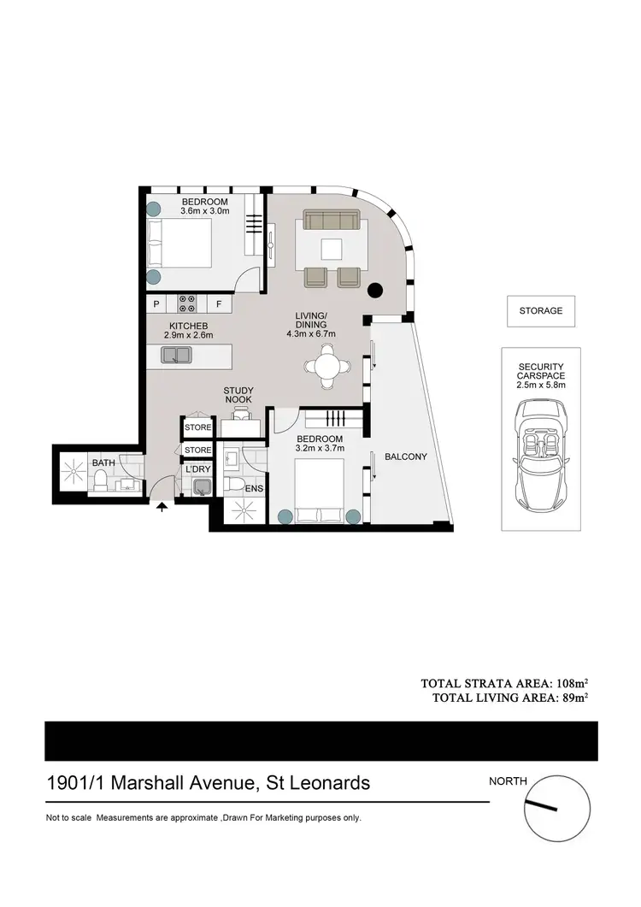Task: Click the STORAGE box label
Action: [x=541, y=311]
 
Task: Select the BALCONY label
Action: [x=405, y=456]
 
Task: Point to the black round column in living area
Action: [x=373, y=291]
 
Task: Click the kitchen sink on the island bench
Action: [x=177, y=355]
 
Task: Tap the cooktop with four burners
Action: [x=187, y=303]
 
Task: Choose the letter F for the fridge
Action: [x=219, y=304]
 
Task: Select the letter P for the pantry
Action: [x=156, y=304]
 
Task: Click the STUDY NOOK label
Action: [x=239, y=396]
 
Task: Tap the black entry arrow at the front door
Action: [x=162, y=508]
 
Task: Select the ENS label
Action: [x=253, y=490]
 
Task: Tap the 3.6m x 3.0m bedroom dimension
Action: [x=205, y=211]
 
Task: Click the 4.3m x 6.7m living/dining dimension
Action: [x=311, y=334]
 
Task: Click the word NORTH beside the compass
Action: [x=509, y=780]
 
